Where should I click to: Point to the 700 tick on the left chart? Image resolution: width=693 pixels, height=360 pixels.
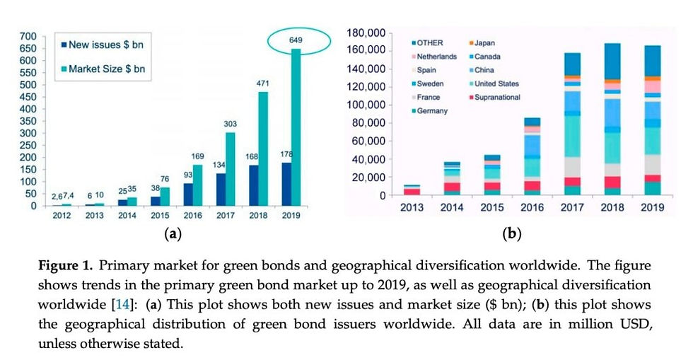click(29, 36)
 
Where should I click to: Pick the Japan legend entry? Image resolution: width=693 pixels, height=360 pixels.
click(490, 43)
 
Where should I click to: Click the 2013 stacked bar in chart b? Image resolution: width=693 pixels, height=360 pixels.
click(412, 190)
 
